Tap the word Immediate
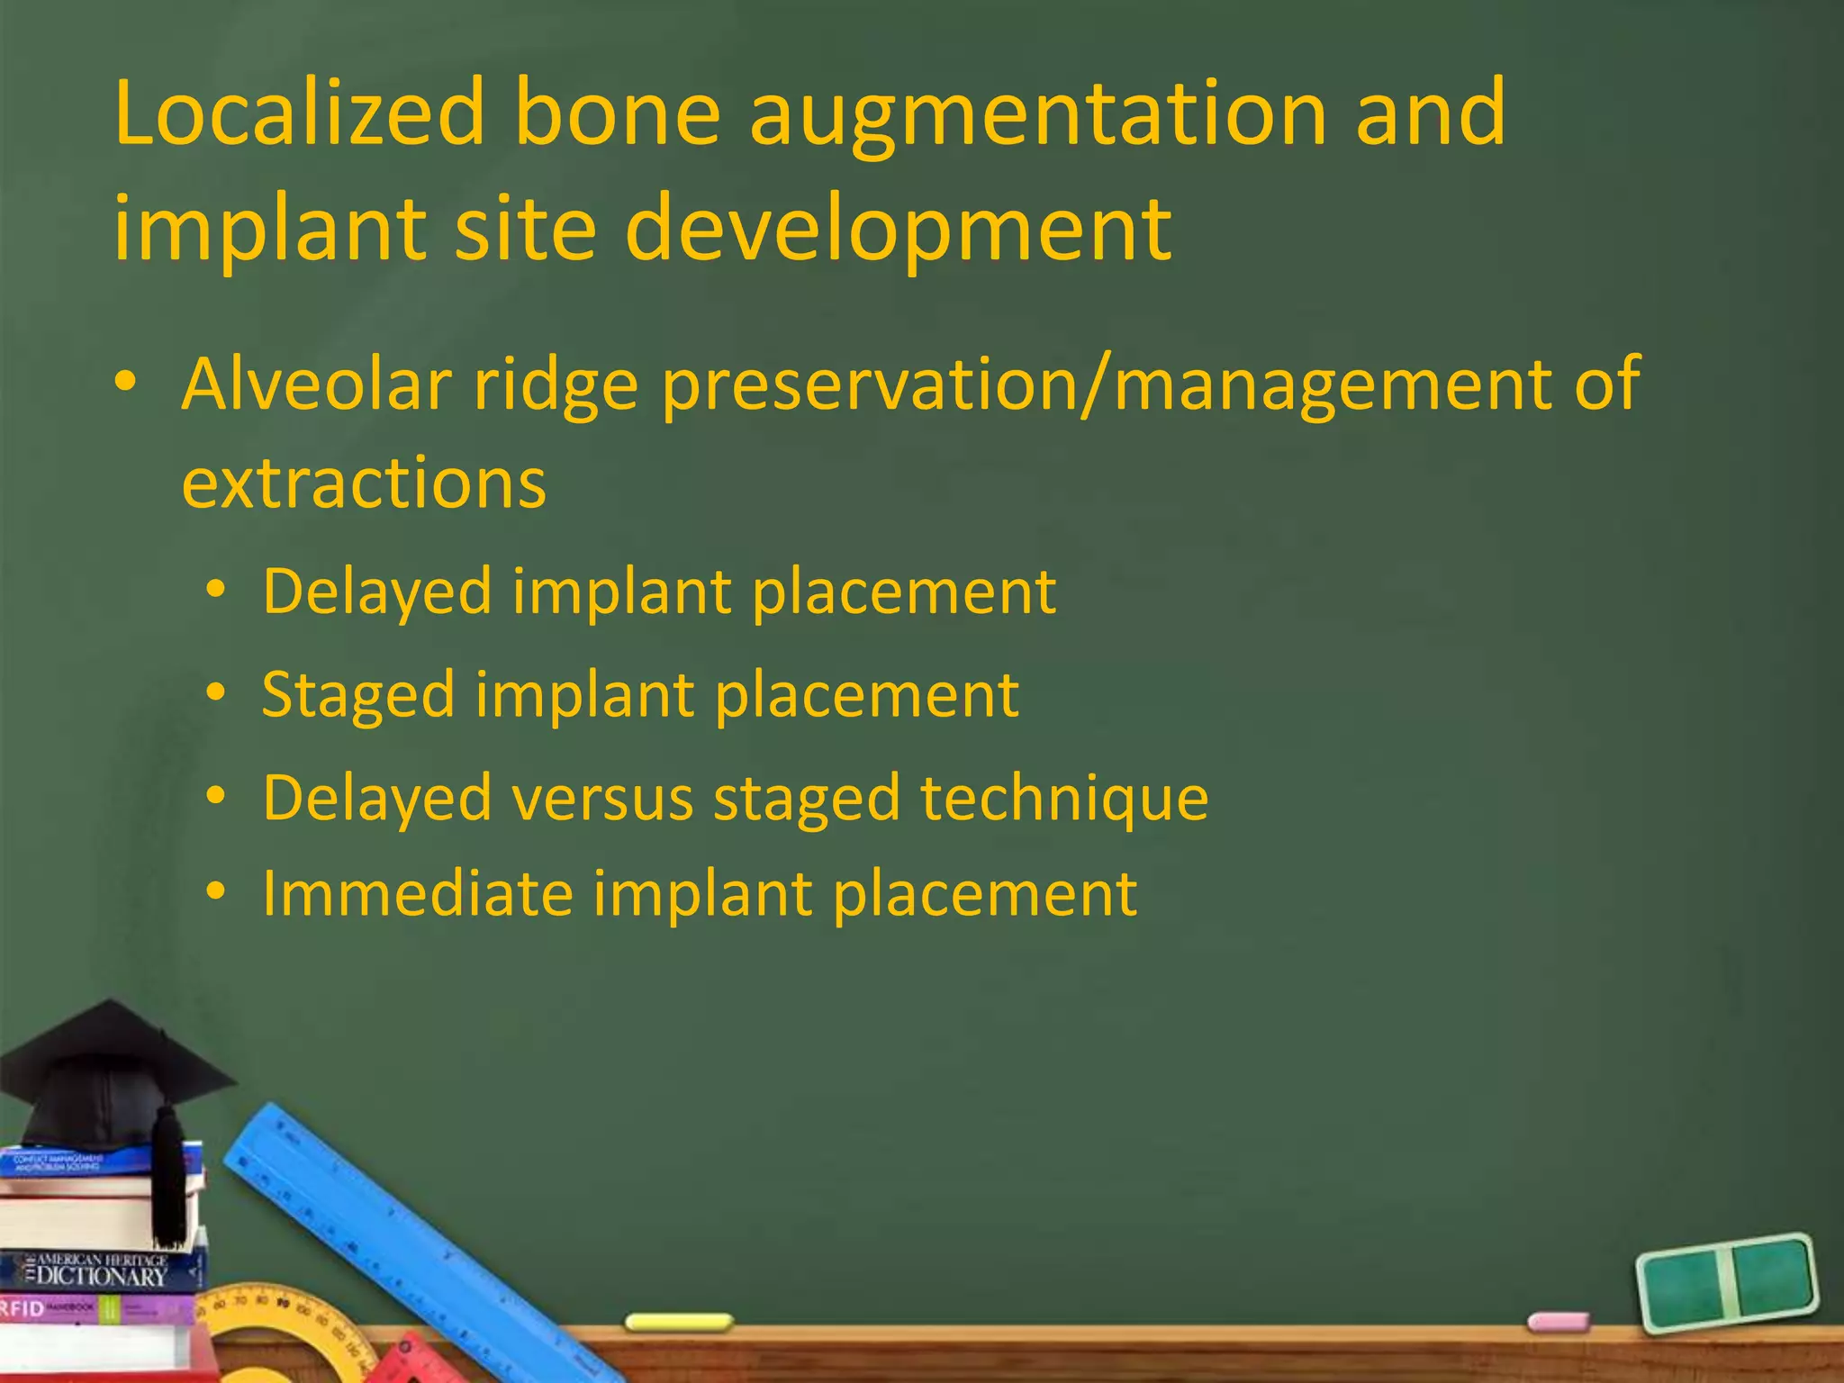click(417, 894)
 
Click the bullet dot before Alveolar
click(125, 383)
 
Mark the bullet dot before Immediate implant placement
click(215, 892)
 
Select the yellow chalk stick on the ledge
click(679, 1322)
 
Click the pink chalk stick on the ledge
click(1559, 1322)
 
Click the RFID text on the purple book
click(22, 1308)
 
